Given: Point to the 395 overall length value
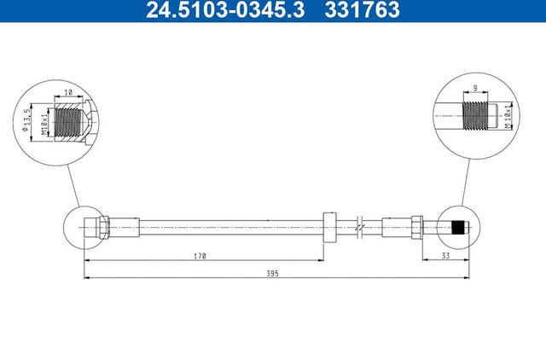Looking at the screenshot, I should pos(271,274).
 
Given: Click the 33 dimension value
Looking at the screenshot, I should pos(445,255).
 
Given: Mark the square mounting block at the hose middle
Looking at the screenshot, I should pos(331,227).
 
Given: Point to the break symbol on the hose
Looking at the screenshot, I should pos(361,227).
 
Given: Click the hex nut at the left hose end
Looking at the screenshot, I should pos(102,227).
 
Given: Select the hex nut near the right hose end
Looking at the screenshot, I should pos(415,227).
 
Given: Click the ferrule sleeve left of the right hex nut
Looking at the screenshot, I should pos(396,227).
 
